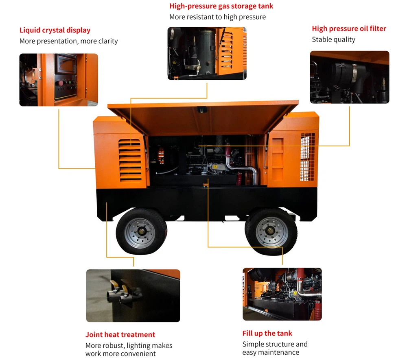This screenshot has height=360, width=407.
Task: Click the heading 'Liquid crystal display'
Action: tap(55, 31)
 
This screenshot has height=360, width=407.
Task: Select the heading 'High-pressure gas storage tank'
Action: tap(221, 6)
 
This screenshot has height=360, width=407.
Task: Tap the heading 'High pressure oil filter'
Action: tap(349, 28)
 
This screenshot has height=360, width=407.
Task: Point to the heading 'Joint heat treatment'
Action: tap(120, 335)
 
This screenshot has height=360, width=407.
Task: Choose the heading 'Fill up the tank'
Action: tap(267, 333)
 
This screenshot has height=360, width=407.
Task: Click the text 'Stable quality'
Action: tap(333, 39)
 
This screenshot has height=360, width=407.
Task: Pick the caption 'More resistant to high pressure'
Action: tap(217, 17)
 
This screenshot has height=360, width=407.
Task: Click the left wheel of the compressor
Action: tap(141, 231)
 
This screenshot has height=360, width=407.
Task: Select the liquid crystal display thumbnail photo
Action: tap(59, 80)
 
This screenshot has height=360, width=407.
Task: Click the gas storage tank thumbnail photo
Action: tap(207, 53)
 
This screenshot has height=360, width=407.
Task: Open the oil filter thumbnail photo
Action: tap(350, 77)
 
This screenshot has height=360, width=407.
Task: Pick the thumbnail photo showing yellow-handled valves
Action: tap(133, 296)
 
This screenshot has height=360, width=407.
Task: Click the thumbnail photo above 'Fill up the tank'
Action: tap(282, 294)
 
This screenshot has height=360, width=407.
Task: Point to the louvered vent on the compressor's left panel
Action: tap(130, 160)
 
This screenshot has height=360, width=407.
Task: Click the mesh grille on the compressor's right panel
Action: tap(307, 157)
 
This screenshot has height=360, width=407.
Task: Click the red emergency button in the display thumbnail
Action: tap(61, 83)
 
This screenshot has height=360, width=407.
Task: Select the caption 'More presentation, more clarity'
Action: tap(68, 41)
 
